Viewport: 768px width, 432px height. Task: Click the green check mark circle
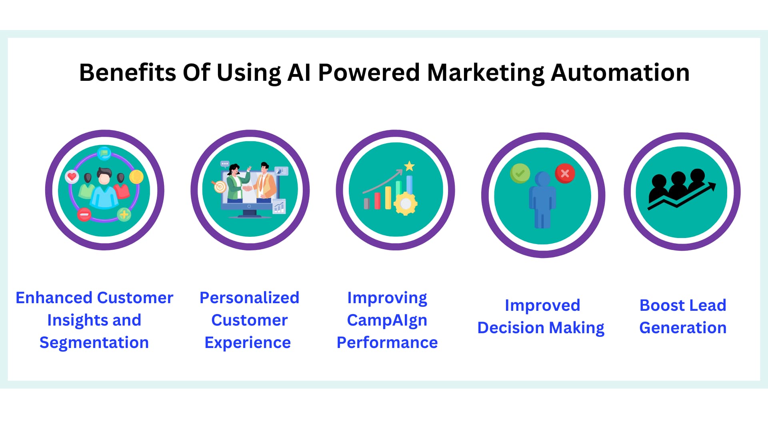520,174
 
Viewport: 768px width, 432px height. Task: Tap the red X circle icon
565,174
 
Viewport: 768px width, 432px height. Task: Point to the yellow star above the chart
409,166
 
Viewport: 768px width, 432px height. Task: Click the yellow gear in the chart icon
406,204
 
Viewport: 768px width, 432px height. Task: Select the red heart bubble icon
72,176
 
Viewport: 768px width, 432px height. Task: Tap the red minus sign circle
84,215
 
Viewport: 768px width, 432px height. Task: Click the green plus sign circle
124,215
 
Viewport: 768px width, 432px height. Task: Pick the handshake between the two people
248,188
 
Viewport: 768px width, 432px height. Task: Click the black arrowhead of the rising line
711,186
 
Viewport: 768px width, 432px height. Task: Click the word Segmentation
94,343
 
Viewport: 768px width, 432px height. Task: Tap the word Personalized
249,298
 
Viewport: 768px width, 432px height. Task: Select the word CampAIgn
387,321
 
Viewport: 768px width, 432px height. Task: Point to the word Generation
683,328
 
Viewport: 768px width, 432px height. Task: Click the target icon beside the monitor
220,186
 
